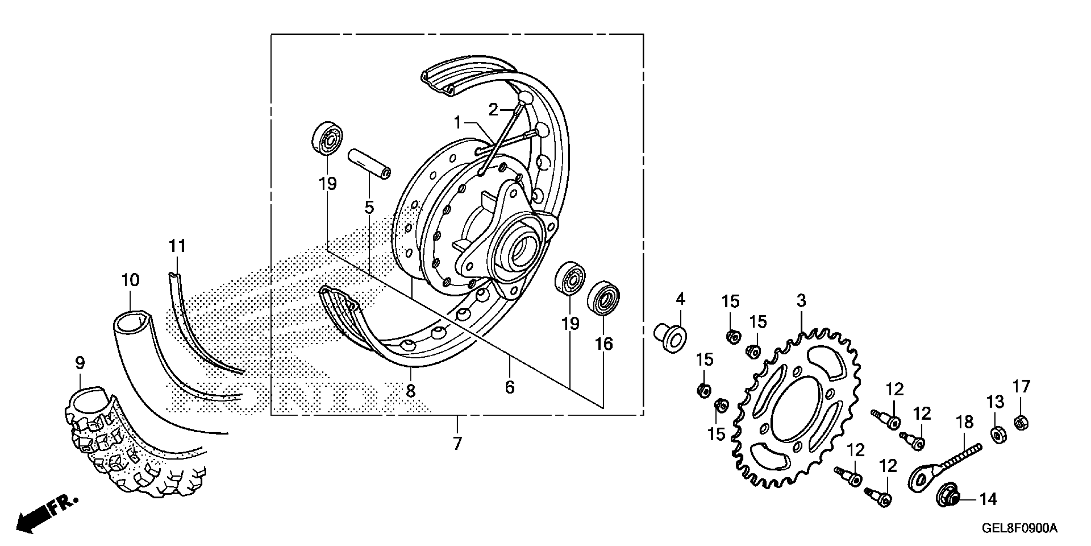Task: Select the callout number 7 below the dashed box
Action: [457, 444]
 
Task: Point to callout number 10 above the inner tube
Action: [130, 280]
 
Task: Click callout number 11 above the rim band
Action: [177, 246]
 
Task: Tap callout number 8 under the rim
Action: [410, 391]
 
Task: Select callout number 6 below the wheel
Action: [510, 387]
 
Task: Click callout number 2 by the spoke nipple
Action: [493, 110]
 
